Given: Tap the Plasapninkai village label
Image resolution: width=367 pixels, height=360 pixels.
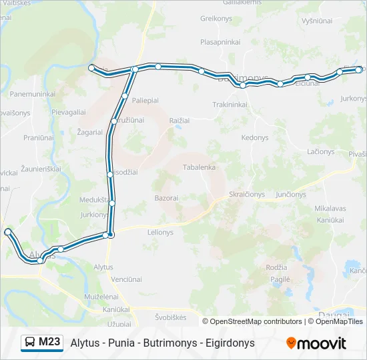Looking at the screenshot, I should click(220, 41).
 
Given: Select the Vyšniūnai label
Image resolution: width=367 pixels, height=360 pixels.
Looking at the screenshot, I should click(316, 21).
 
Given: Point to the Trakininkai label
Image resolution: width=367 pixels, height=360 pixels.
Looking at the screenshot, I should click(230, 105).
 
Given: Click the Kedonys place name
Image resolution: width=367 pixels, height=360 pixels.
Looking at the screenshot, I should click(254, 137).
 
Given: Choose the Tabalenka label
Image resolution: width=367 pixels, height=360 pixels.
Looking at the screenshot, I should click(199, 167).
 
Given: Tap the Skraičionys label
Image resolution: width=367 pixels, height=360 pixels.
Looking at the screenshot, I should click(247, 195).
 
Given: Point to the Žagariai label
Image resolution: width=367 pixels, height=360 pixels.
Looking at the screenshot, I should click(89, 132).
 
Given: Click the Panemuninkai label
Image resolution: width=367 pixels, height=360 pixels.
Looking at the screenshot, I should click(32, 94).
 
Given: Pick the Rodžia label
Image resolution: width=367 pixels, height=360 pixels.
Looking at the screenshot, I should click(276, 267).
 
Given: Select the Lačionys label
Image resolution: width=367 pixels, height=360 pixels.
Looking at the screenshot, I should click(321, 151).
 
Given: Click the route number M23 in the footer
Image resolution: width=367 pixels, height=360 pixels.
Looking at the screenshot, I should click(49, 343).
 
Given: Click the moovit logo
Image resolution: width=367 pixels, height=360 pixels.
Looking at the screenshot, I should click(316, 343).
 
